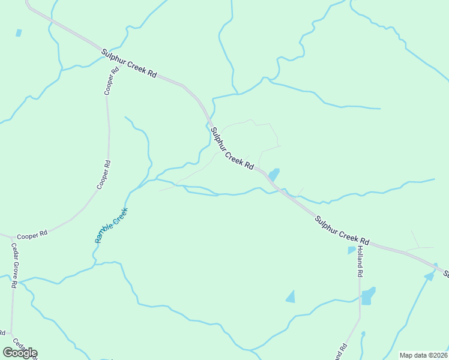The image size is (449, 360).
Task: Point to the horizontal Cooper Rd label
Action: click(x=32, y=236)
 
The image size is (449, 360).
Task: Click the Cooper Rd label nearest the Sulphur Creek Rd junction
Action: click(x=111, y=81)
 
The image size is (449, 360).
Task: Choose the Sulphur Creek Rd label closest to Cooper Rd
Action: click(x=128, y=63)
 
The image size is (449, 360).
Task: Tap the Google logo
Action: click(x=20, y=353)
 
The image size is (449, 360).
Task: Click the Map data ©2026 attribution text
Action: click(x=423, y=355)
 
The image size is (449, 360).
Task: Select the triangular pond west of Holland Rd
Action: click(x=291, y=296)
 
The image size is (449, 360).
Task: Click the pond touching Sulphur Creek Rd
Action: click(x=274, y=175)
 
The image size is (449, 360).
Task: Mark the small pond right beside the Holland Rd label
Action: click(x=351, y=250)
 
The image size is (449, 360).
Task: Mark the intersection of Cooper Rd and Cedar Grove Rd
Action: click(x=10, y=237)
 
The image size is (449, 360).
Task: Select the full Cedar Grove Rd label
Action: click(x=13, y=266)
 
